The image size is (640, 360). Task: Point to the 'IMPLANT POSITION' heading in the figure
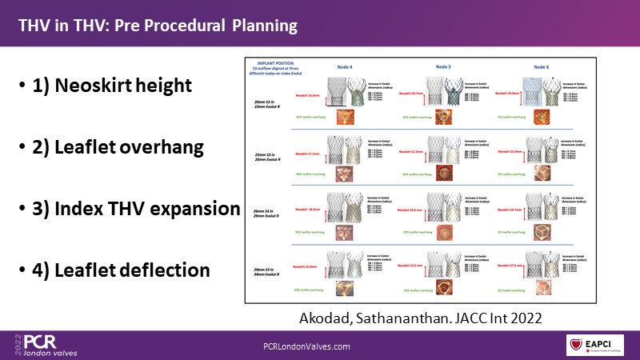pyautogui.click(x=275, y=61)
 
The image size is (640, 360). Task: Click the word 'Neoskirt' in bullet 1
pyautogui.click(x=102, y=85)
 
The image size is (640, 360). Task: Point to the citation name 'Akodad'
pyautogui.click(x=328, y=318)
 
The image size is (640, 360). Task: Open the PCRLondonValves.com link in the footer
pyautogui.click(x=307, y=346)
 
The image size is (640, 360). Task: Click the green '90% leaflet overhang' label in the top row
pyautogui.click(x=311, y=119)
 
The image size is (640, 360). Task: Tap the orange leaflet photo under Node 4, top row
pyautogui.click(x=346, y=118)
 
